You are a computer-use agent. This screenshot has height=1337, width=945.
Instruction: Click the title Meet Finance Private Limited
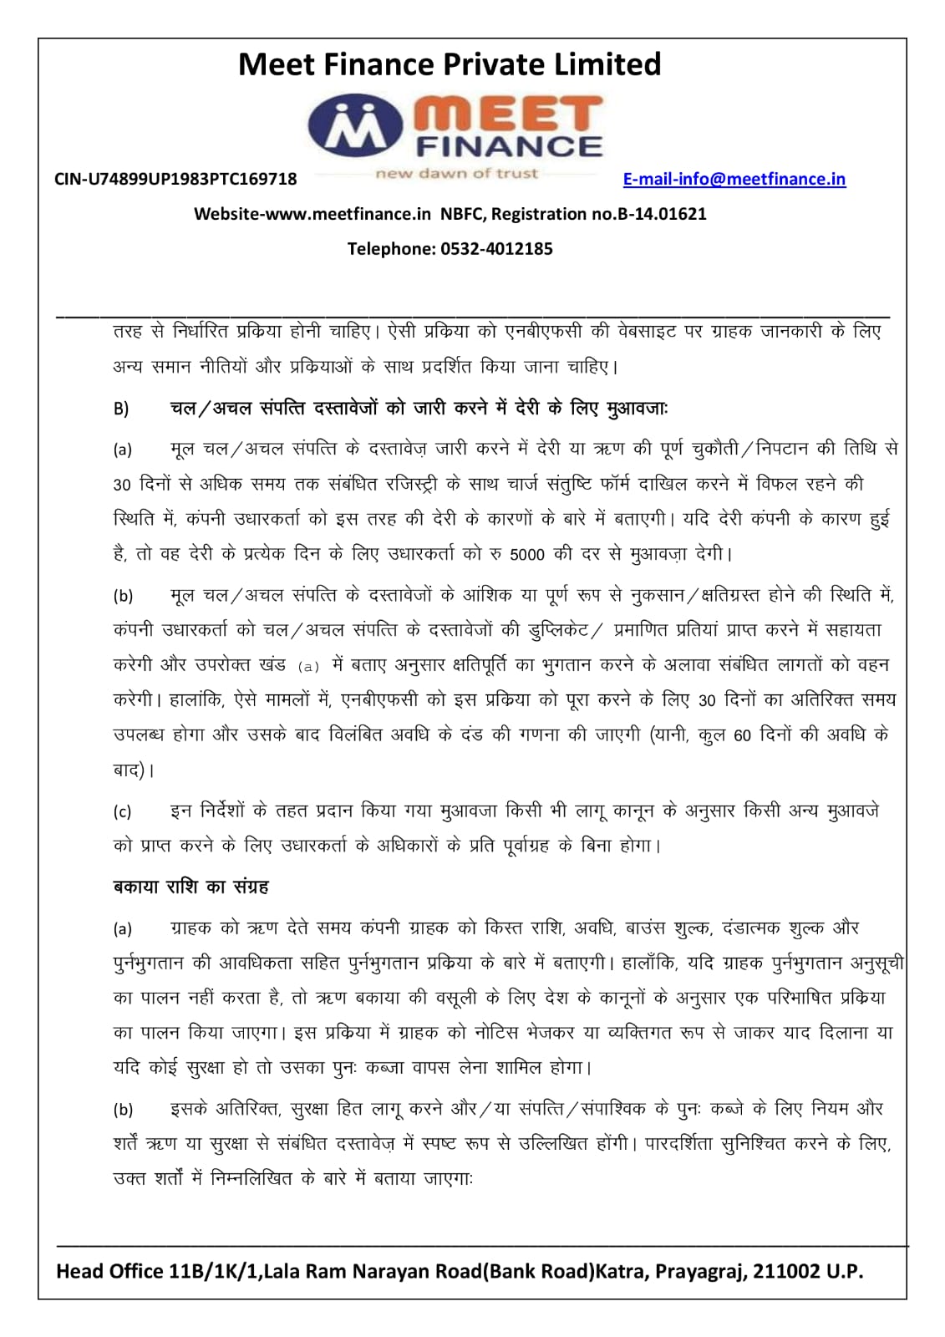click(450, 64)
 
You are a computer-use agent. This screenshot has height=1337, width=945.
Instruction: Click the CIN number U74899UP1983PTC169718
click(175, 179)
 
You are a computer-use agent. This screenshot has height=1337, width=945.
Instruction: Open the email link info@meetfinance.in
click(734, 179)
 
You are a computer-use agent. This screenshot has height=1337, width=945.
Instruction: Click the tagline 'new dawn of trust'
click(456, 174)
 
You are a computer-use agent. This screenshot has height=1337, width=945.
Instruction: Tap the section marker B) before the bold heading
click(121, 409)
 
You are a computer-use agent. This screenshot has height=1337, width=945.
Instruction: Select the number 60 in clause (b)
click(742, 736)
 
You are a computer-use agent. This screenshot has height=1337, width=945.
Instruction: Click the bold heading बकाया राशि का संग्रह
click(191, 887)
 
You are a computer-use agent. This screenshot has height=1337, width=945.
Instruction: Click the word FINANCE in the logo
click(508, 147)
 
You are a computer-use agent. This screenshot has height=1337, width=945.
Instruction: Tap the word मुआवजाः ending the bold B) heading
click(636, 409)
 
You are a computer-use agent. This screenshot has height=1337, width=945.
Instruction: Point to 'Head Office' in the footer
click(109, 1271)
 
